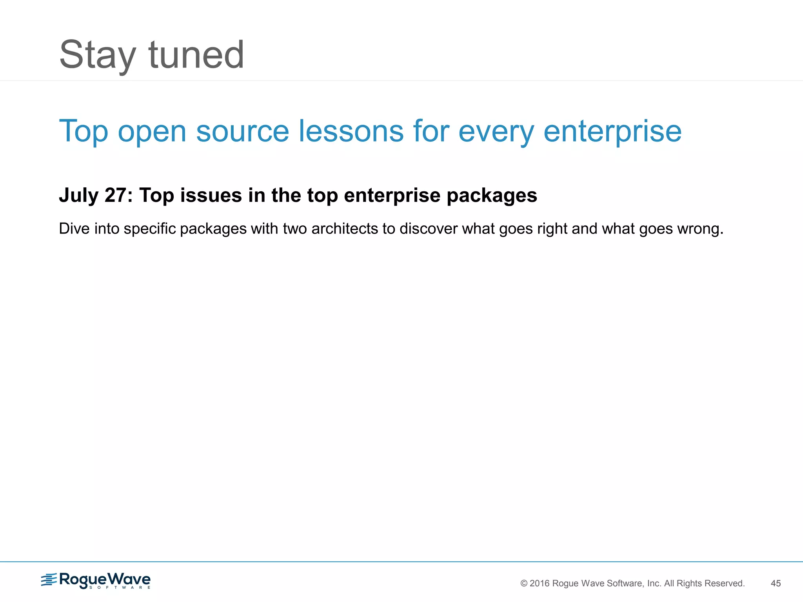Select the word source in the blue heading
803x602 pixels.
[x=242, y=131]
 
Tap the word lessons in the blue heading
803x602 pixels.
[x=351, y=131]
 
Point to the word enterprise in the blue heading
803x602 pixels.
[x=612, y=131]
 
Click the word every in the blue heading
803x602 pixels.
[x=496, y=131]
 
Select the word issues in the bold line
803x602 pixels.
[x=211, y=195]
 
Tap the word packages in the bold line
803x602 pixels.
[x=492, y=195]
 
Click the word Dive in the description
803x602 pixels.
[x=74, y=229]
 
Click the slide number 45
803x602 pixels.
[x=776, y=584]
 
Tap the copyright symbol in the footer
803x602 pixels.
[x=524, y=584]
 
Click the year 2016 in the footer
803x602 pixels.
[x=540, y=584]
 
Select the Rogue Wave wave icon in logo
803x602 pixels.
[x=49, y=580]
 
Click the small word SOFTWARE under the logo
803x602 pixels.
[x=120, y=587]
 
